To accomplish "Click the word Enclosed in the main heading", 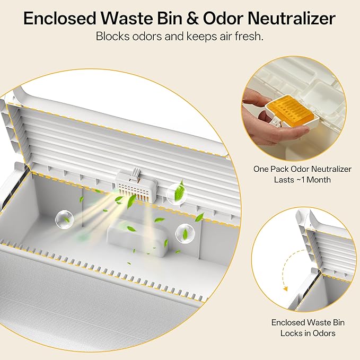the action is click(x=60, y=19).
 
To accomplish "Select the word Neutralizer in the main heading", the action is click(x=292, y=19).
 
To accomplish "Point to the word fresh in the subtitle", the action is click(x=249, y=36).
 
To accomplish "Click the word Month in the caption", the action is click(x=319, y=180).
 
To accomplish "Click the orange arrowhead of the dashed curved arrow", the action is click(x=286, y=289).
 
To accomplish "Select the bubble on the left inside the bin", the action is click(x=65, y=219).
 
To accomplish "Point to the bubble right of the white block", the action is click(x=185, y=234).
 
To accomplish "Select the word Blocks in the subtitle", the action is click(x=112, y=36).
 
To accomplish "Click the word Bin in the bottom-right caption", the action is click(x=338, y=322).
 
